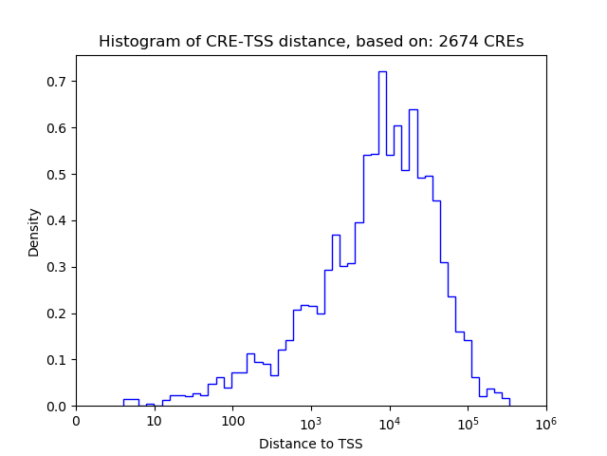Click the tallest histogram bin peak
(x=382, y=72)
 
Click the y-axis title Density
(x=34, y=232)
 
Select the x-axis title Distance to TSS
(x=310, y=443)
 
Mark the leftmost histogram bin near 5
(x=131, y=400)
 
